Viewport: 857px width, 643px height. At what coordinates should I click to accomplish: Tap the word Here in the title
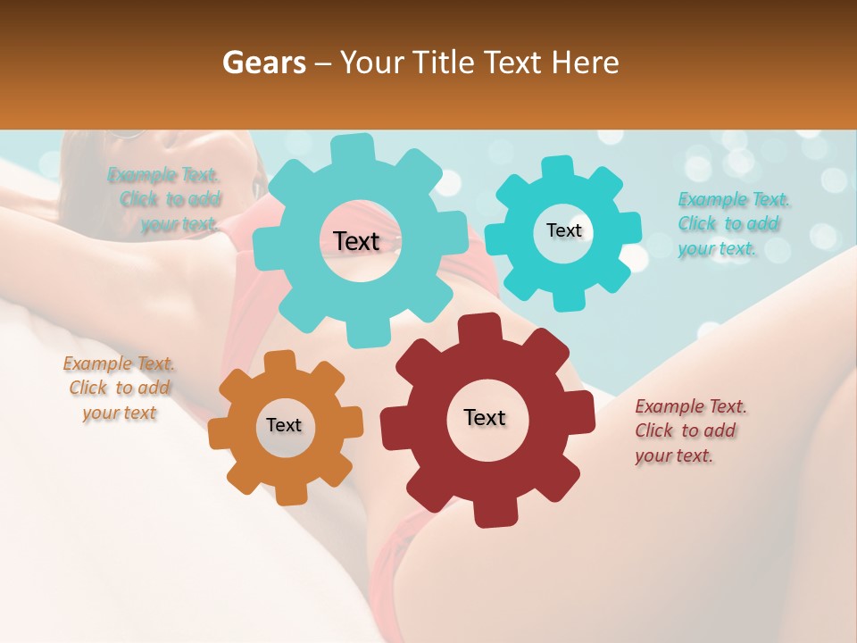coord(587,63)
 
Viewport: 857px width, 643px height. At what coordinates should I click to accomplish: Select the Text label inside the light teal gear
coord(356,241)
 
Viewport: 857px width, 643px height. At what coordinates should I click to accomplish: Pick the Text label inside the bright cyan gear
coord(563,230)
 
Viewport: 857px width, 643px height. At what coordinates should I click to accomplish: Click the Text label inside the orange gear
coord(284,425)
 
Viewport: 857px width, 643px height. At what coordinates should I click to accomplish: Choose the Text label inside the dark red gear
coord(485,417)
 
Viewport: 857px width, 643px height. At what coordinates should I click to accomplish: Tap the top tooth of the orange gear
coord(280,361)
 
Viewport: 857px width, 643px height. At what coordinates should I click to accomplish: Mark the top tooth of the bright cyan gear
coord(558,168)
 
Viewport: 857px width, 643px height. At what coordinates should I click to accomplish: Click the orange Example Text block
coord(120,388)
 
